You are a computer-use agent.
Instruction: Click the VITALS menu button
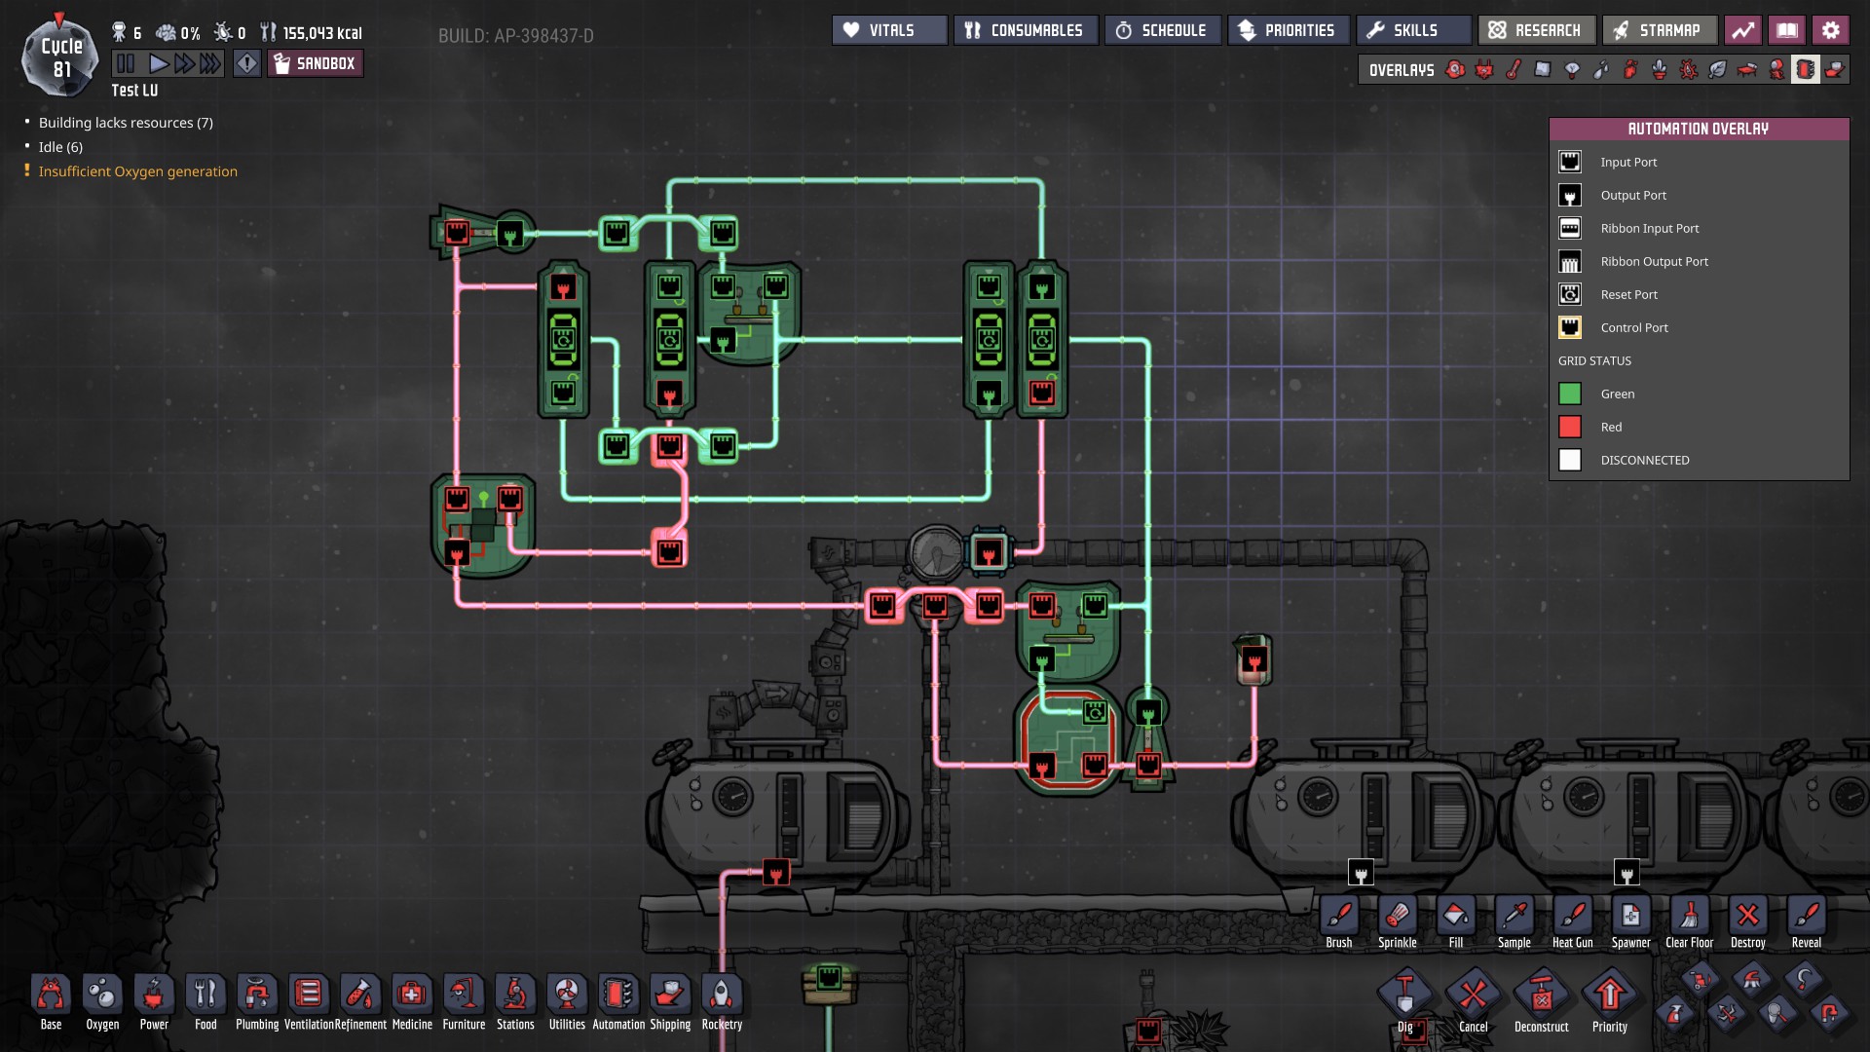pos(889,30)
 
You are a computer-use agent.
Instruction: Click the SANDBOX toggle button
pos(315,64)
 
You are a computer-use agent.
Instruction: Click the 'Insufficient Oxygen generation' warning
pos(137,171)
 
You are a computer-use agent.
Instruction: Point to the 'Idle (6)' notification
pos(60,147)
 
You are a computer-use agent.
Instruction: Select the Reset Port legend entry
pos(1628,294)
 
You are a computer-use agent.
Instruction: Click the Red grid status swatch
pos(1570,427)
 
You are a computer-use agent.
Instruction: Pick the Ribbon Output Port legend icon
pos(1570,262)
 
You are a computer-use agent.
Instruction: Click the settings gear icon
pos(1831,30)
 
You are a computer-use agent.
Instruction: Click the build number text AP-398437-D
pos(515,36)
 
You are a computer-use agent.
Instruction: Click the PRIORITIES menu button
pos(1288,30)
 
